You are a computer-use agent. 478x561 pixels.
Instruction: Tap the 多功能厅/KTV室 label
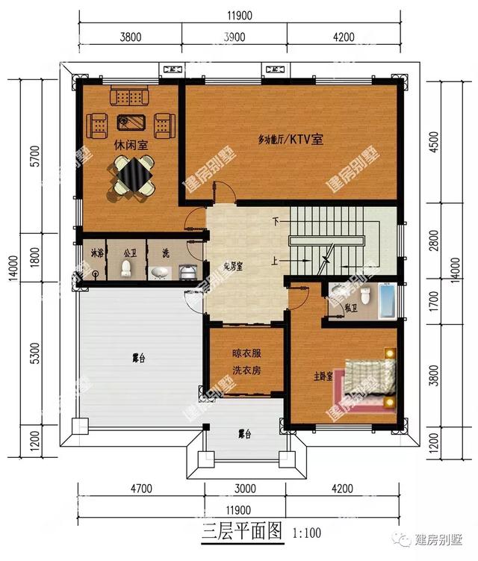pyautogui.click(x=291, y=139)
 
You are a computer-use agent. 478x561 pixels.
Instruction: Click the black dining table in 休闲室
pyautogui.click(x=134, y=176)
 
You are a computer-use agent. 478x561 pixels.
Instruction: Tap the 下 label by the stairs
pyautogui.click(x=276, y=222)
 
